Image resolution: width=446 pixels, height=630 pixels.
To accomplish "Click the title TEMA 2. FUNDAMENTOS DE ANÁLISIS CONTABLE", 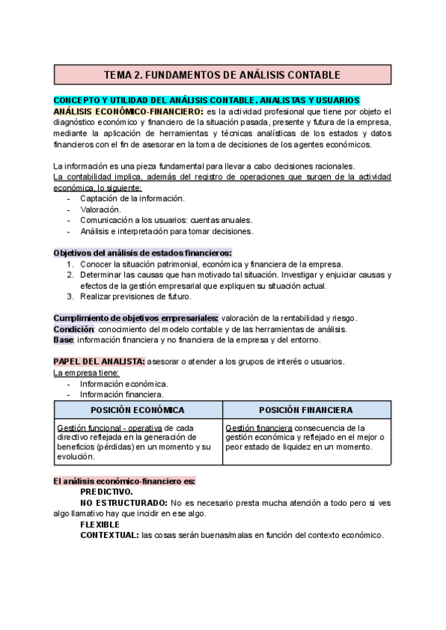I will pyautogui.click(x=222, y=75).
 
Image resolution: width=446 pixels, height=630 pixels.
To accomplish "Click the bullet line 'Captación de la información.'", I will pyautogui.click(x=132, y=198).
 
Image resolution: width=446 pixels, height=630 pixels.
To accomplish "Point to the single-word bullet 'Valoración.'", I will pyautogui.click(x=100, y=210).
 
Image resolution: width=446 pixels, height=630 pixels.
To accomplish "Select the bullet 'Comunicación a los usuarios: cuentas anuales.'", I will pyautogui.click(x=166, y=220).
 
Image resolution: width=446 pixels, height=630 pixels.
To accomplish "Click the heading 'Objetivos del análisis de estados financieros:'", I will pyautogui.click(x=142, y=253).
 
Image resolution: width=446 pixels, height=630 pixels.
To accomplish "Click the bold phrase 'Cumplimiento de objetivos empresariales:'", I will pyautogui.click(x=135, y=318).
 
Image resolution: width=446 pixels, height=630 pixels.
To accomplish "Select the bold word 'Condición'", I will pyautogui.click(x=74, y=329).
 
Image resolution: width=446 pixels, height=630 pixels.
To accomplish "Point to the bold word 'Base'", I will pyautogui.click(x=63, y=340).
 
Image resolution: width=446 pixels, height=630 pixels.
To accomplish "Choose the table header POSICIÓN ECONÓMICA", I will pyautogui.click(x=138, y=410).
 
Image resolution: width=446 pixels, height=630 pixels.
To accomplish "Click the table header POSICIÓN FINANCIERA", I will pyautogui.click(x=306, y=410).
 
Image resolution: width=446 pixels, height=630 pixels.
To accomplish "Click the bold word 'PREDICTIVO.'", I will pyautogui.click(x=107, y=492).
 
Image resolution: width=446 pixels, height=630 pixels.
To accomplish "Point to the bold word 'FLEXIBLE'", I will pyautogui.click(x=100, y=524).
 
